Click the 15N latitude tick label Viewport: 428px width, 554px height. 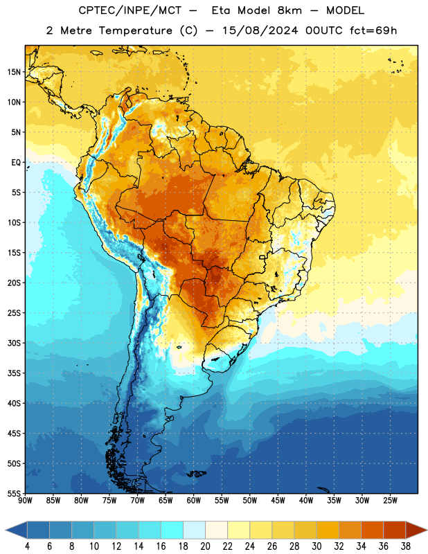point(14,72)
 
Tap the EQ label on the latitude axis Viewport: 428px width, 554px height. point(16,163)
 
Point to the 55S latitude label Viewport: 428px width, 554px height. point(14,493)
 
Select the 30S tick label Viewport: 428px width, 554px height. point(14,343)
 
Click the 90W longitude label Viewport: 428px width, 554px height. point(25,501)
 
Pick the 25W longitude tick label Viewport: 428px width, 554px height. point(390,501)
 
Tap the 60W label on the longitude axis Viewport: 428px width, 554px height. point(194,501)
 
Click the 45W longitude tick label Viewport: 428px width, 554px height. point(278,501)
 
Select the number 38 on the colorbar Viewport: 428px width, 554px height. point(406,546)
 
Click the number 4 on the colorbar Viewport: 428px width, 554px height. point(27,546)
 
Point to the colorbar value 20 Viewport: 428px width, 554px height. point(205,546)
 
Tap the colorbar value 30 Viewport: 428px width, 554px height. point(316,546)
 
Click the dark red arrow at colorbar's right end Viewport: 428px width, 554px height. point(416,530)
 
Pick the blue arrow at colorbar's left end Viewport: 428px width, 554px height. point(17,530)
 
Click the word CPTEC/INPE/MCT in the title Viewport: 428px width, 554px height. point(130,10)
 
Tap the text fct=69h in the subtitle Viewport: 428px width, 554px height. point(373,30)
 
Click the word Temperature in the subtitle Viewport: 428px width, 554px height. point(135,30)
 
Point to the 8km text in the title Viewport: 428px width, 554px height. point(289,10)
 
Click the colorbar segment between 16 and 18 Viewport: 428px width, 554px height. point(172,530)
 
